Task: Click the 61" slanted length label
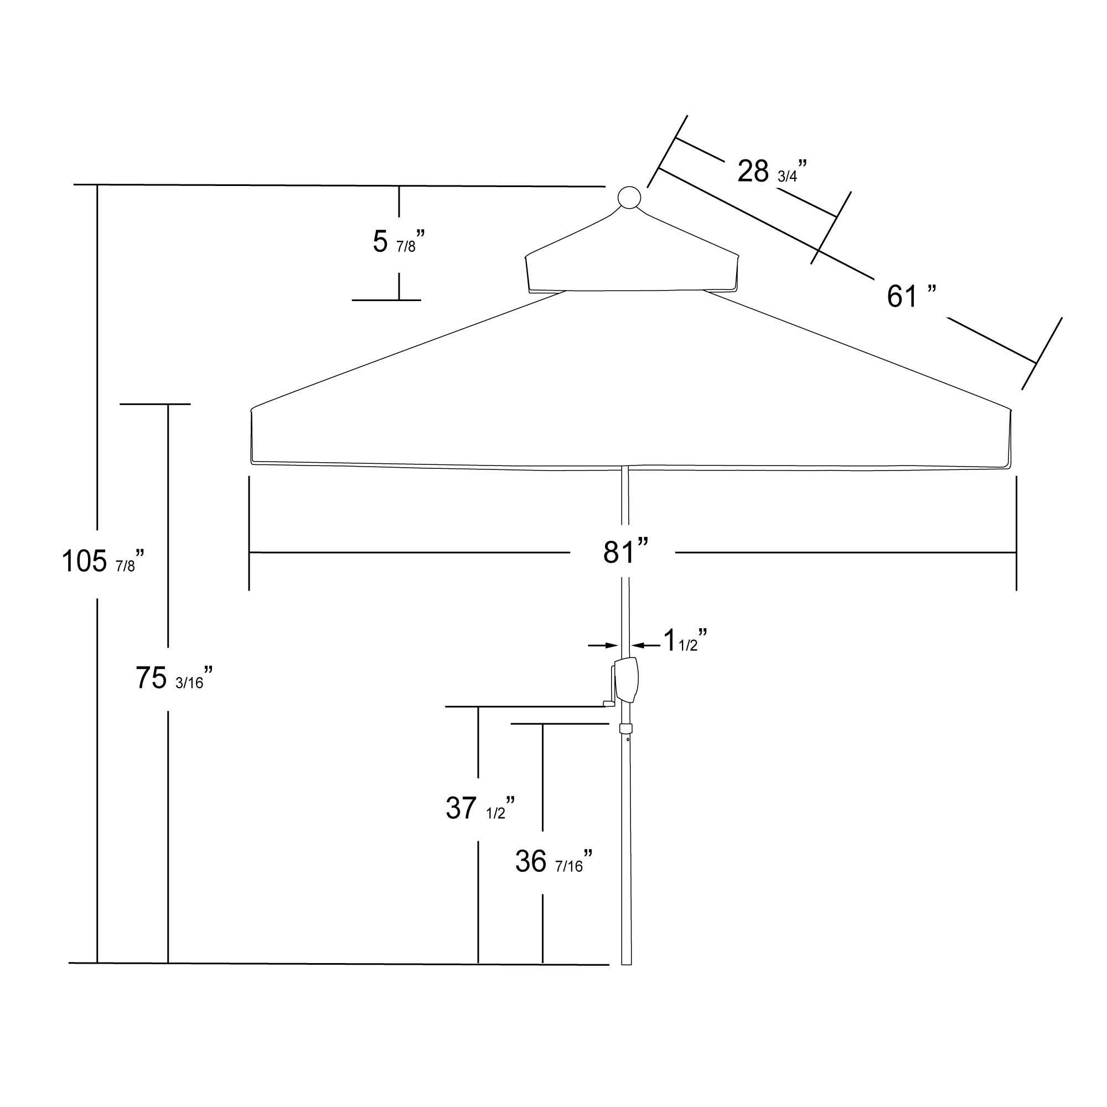[x=911, y=297]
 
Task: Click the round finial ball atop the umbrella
[x=629, y=198]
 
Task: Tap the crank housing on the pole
[x=628, y=680]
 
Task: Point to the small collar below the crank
[x=625, y=729]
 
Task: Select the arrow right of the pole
[x=646, y=646]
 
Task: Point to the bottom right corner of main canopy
[x=1008, y=467]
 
